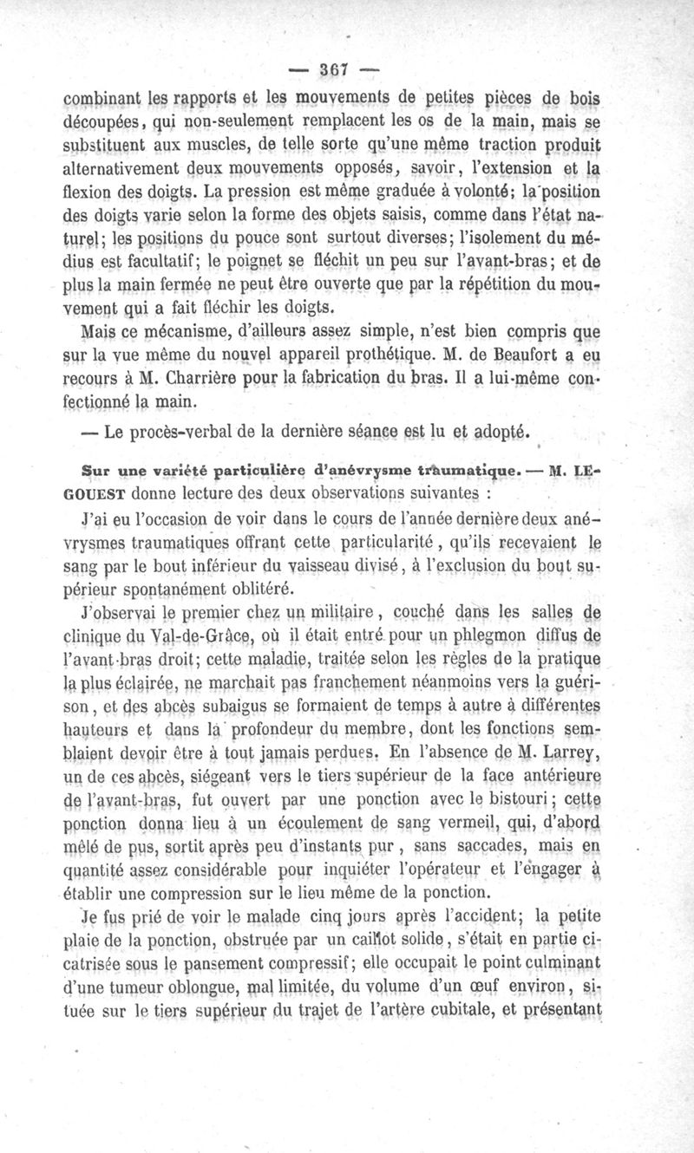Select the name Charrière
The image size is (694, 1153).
(x=195, y=380)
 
